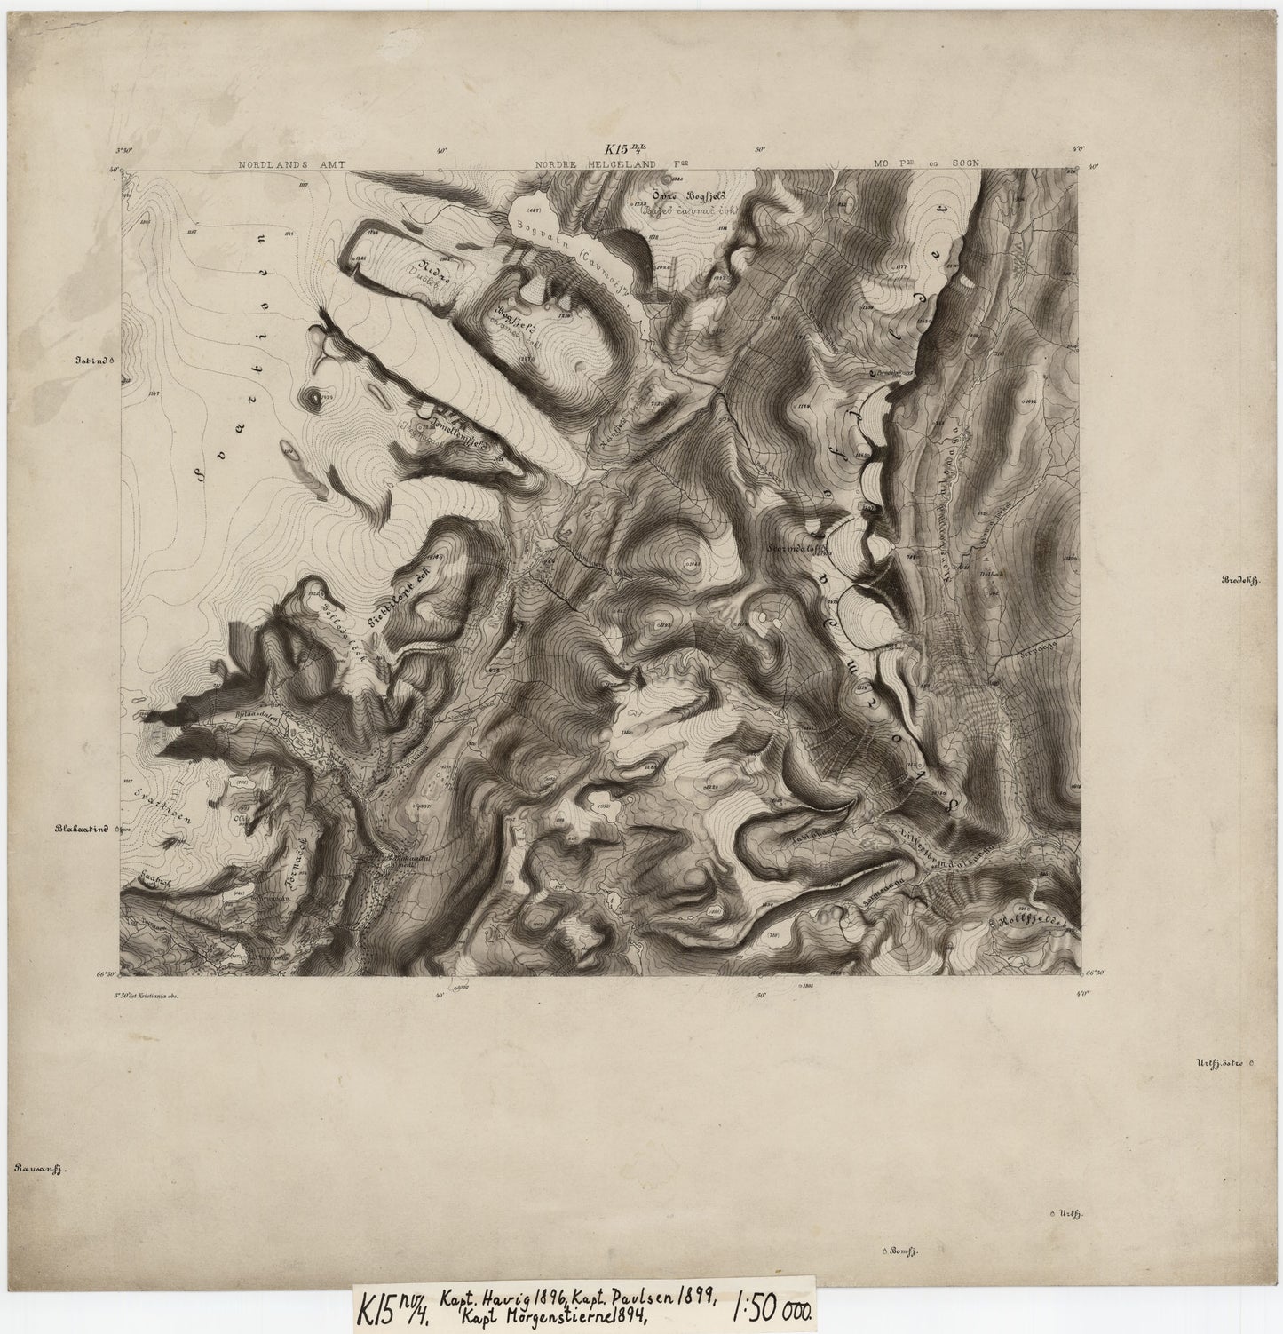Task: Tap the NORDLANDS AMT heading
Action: pos(296,164)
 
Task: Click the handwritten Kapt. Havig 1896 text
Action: pos(492,1295)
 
